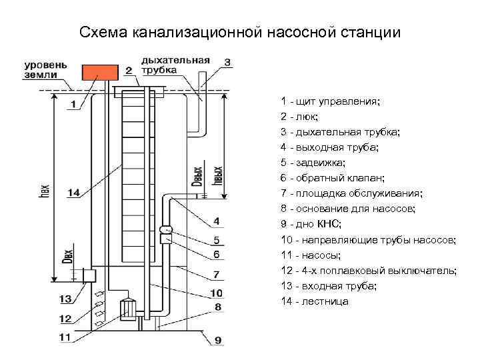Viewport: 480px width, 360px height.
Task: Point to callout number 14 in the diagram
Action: [x=74, y=193]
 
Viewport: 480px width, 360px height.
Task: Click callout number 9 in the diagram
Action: [x=217, y=341]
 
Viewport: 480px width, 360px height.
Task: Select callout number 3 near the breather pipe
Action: [x=227, y=63]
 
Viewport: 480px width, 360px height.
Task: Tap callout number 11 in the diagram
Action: [x=65, y=337]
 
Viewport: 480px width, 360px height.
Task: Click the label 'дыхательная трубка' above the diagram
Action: [x=175, y=65]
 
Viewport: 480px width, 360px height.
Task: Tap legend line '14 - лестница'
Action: [x=315, y=301]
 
